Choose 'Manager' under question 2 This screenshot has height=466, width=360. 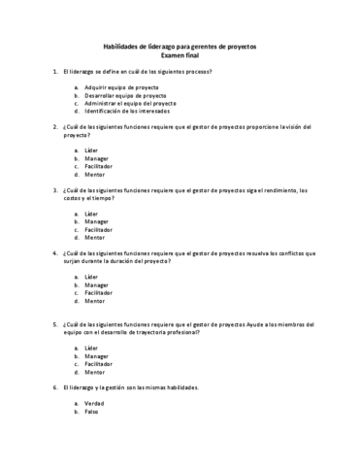tap(96, 158)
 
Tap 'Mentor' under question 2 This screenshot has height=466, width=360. tap(95, 174)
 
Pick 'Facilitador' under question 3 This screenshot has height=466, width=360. tap(99, 229)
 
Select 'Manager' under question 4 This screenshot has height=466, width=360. tap(96, 284)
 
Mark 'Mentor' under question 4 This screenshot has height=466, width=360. tap(95, 300)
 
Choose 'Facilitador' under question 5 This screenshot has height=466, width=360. tap(99, 364)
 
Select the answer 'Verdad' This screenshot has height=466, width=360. tap(95, 403)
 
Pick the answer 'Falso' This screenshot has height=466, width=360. tap(93, 411)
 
